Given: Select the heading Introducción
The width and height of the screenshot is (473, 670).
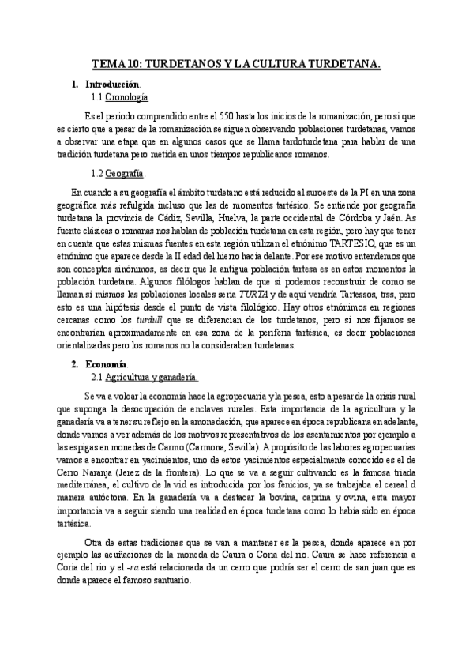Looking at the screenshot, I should coord(114,84).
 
